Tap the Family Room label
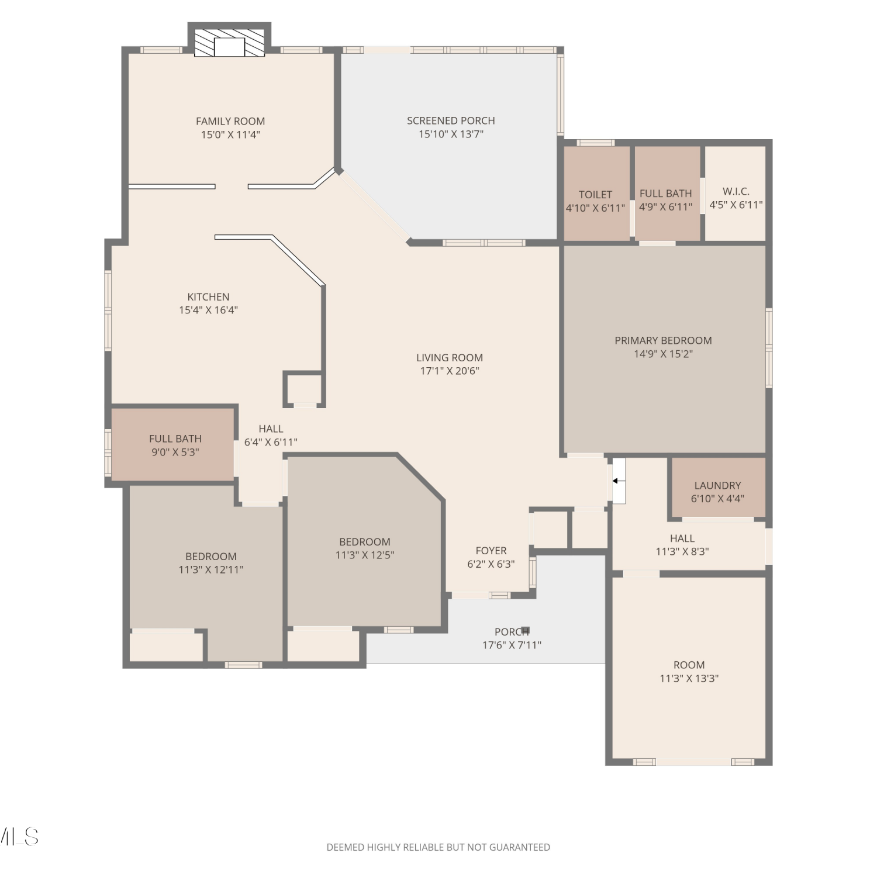click(230, 121)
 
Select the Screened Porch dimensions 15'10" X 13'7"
click(451, 134)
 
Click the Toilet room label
click(595, 195)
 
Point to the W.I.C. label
click(736, 191)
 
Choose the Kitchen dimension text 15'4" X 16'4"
click(208, 310)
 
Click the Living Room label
click(450, 357)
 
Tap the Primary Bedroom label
click(663, 340)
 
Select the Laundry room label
click(717, 485)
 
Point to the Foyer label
click(491, 551)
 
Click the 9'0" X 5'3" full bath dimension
click(175, 452)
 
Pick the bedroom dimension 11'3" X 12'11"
click(211, 569)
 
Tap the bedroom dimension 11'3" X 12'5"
click(365, 555)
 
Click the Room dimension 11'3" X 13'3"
click(689, 678)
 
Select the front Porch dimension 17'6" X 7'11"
click(512, 645)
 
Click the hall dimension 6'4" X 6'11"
click(271, 442)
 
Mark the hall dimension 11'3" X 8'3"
click(682, 551)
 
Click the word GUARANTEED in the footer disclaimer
click(519, 847)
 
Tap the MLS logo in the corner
click(19, 837)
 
